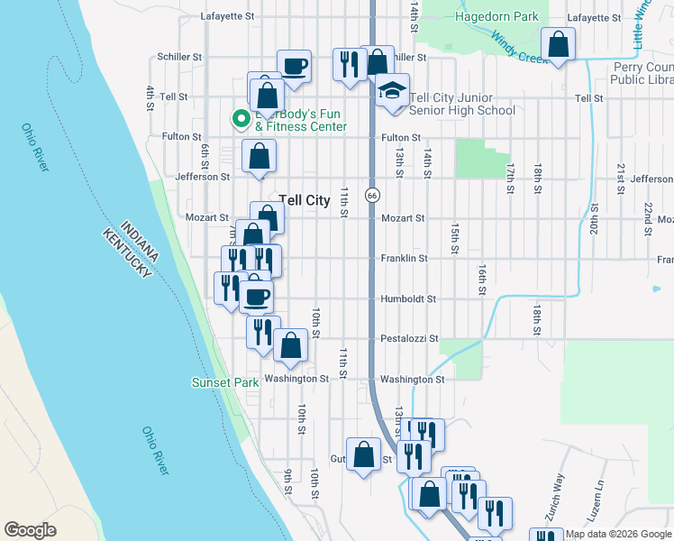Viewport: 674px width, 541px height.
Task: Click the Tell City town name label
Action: tap(305, 200)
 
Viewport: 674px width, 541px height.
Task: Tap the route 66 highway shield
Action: tap(371, 195)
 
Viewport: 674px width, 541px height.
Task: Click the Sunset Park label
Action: tap(224, 382)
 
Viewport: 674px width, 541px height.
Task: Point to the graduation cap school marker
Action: tap(392, 92)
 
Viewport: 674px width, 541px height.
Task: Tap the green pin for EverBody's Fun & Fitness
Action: tap(241, 118)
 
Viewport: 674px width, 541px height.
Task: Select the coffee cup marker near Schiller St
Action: tap(294, 65)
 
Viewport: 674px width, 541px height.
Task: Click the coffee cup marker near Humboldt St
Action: tap(256, 295)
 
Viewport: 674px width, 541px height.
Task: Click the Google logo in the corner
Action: tap(30, 530)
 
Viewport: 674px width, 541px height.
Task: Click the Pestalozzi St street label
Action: tap(408, 339)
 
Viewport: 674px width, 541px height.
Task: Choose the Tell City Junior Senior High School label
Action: tap(462, 104)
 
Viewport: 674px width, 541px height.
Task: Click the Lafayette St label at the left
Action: tap(228, 16)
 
